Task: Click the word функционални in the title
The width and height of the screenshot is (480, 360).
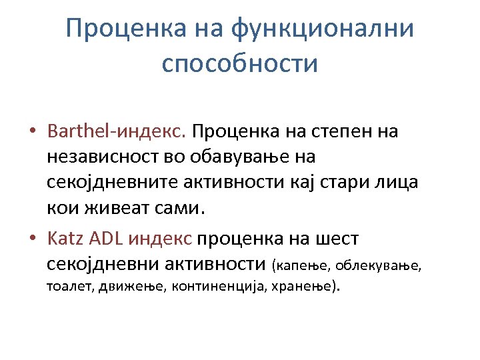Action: click(322, 29)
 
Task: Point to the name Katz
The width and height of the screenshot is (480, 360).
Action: click(64, 238)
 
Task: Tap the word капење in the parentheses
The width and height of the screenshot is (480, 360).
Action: click(301, 266)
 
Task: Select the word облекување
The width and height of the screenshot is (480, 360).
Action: click(378, 266)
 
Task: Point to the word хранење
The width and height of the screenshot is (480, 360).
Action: click(311, 287)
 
